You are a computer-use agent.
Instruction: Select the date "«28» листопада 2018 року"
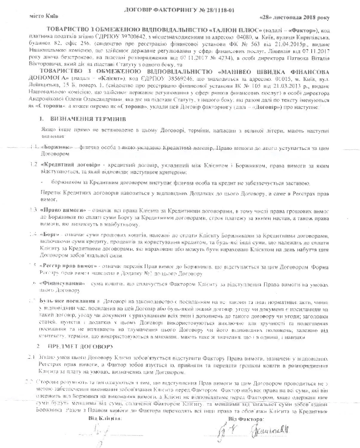tap(295, 18)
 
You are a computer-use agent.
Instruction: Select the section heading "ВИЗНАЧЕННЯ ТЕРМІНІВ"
tap(88, 119)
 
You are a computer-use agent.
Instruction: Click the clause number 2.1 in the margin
tap(31, 357)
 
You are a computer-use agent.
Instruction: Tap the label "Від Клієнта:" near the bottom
tap(105, 418)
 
